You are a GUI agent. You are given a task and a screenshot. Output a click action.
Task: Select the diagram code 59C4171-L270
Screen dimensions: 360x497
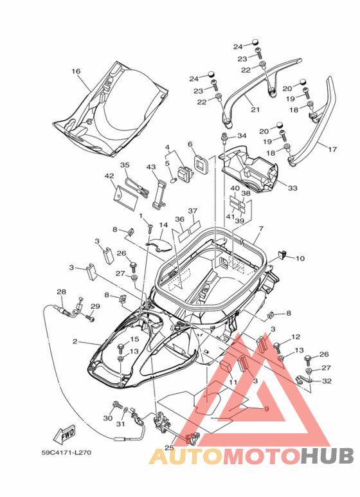[x=66, y=452]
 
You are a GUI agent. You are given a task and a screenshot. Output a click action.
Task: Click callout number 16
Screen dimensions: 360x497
[x=76, y=71]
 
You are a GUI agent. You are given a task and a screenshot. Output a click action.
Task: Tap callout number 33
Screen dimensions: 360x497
[x=292, y=188]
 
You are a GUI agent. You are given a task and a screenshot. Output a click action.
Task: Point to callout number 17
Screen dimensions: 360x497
[x=332, y=149]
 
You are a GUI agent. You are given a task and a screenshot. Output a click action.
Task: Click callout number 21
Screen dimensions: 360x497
[x=255, y=110]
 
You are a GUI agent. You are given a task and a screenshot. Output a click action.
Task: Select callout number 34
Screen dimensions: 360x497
[x=242, y=136]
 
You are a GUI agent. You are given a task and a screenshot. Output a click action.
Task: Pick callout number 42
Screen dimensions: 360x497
[x=109, y=176]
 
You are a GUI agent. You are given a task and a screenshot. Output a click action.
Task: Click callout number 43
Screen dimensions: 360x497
[x=151, y=167]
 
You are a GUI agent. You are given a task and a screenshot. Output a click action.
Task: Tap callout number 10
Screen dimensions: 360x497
[x=300, y=258]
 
